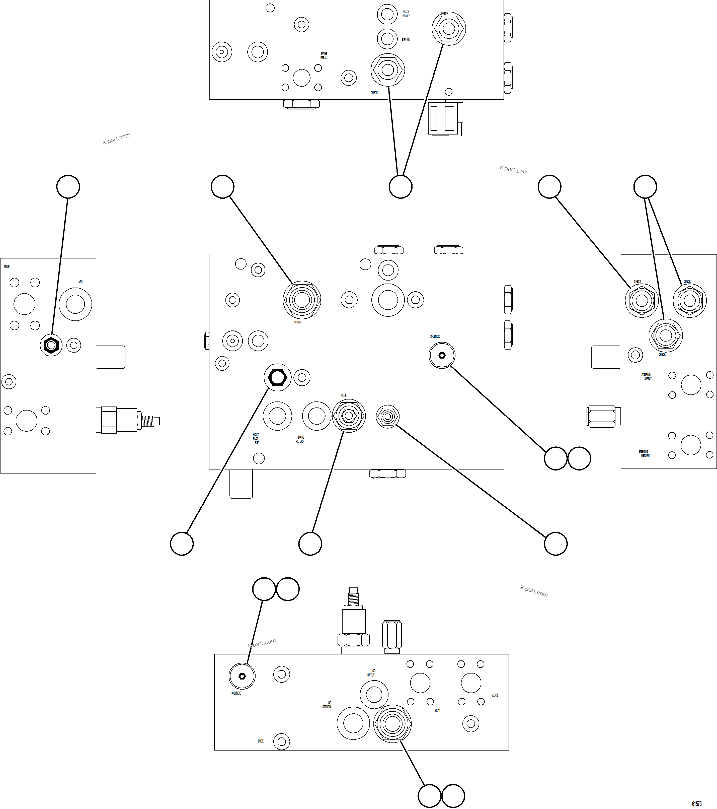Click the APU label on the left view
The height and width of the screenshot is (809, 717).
pos(80,282)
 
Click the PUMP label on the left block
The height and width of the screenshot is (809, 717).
pos(7,266)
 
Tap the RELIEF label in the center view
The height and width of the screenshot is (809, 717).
pos(345,395)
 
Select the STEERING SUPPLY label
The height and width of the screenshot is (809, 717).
pos(646,376)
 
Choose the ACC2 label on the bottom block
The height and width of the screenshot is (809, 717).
pos(495,695)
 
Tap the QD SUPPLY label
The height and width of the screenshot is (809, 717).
pos(371,673)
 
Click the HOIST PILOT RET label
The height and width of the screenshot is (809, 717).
pos(256,439)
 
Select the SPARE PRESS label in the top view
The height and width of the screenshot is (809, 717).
pos(324,55)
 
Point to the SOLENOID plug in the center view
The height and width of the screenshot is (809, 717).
pos(442,355)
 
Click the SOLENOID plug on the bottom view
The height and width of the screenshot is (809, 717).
pos(242,676)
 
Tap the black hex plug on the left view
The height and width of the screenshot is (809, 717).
pos(51,345)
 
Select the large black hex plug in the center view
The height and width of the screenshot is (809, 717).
pos(277,377)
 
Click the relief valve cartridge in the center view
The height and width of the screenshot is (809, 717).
pos(348,416)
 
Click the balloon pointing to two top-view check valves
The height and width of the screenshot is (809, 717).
pos(400,186)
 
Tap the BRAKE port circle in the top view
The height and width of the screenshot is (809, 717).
pos(387,39)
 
